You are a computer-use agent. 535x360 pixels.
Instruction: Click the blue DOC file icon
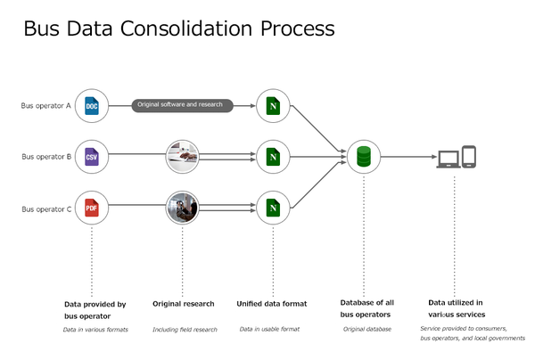pyautogui.click(x=92, y=106)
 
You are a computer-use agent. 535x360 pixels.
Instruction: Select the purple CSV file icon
pyautogui.click(x=92, y=157)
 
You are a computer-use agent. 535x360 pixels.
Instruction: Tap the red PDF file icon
pyautogui.click(x=92, y=209)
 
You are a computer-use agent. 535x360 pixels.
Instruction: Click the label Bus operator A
pyautogui.click(x=46, y=106)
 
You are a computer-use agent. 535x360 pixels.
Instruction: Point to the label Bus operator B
pyautogui.click(x=46, y=157)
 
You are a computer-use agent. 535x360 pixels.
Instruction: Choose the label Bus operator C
pyautogui.click(x=46, y=209)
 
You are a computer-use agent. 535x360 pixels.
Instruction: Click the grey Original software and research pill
pyautogui.click(x=184, y=106)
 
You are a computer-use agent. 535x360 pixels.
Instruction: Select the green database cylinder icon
pyautogui.click(x=364, y=158)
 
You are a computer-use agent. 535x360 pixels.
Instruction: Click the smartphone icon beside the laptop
pyautogui.click(x=468, y=157)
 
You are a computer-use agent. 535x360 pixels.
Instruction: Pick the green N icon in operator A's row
pyautogui.click(x=273, y=106)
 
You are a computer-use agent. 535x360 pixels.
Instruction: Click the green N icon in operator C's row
pyautogui.click(x=273, y=209)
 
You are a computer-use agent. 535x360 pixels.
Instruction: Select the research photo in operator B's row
pyautogui.click(x=183, y=157)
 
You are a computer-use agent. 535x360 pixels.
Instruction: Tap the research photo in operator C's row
pyautogui.click(x=183, y=209)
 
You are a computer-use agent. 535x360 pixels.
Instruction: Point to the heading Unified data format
pyautogui.click(x=272, y=304)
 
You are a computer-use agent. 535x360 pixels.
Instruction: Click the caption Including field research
pyautogui.click(x=185, y=330)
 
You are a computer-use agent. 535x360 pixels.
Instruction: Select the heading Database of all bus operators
pyautogui.click(x=366, y=309)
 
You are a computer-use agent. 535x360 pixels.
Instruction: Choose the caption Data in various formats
pyautogui.click(x=95, y=330)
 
